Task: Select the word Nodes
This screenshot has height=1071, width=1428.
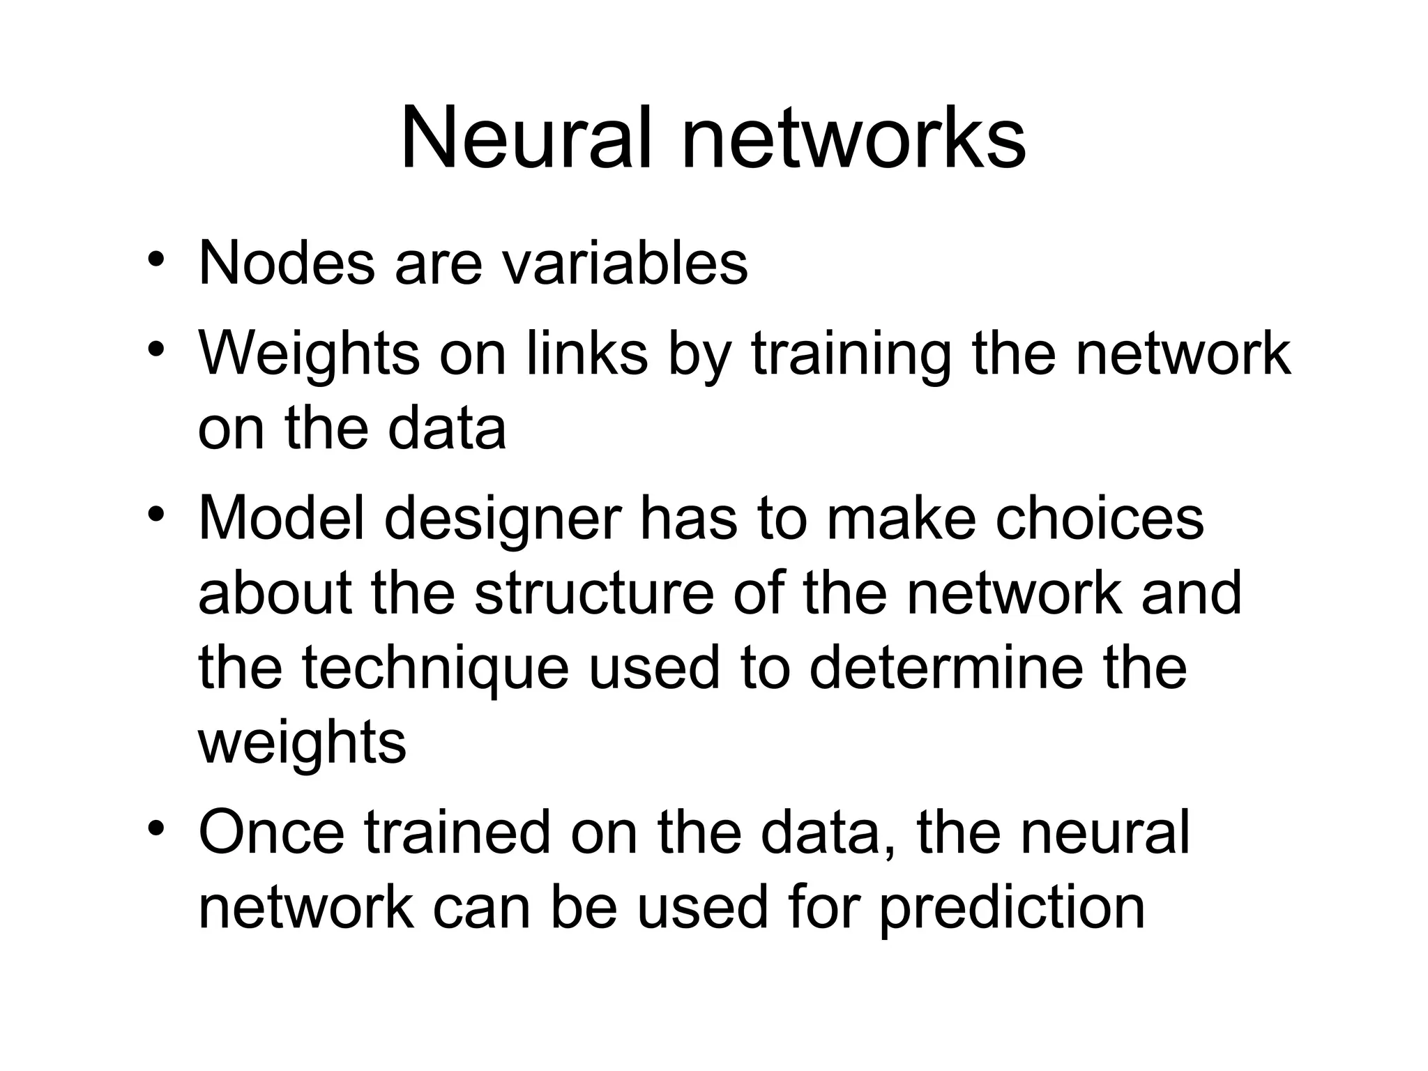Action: [x=287, y=264]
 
